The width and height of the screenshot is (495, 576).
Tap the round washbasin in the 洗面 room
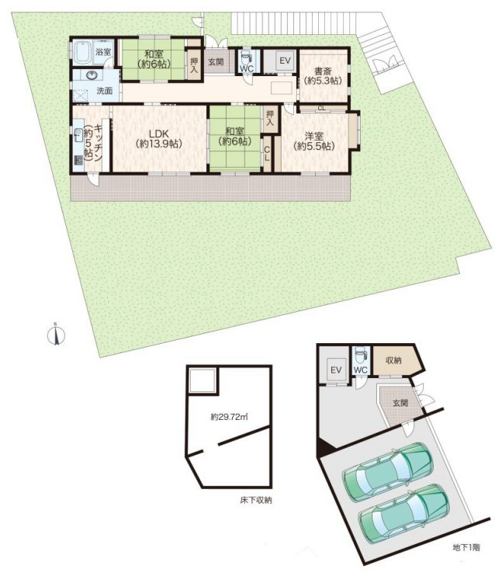point(92,75)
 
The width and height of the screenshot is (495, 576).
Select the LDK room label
point(158,138)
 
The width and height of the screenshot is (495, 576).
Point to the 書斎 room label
point(323,75)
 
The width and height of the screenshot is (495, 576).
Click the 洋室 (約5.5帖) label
point(314,141)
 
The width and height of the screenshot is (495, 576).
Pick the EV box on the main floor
point(285,61)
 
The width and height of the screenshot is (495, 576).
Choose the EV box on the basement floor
point(337,370)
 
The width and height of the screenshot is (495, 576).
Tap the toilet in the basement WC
point(362,356)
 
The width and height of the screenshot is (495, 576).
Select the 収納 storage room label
point(393,361)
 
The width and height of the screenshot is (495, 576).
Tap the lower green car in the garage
point(404,514)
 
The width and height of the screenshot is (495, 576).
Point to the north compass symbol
point(56,335)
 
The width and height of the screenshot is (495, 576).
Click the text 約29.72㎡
point(229,417)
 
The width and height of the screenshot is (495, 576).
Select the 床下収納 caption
point(256,500)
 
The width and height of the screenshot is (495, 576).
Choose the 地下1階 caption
point(466,548)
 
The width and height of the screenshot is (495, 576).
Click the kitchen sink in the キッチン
point(78,136)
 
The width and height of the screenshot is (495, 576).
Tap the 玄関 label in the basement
point(400,403)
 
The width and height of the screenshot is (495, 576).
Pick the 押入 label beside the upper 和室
point(193,64)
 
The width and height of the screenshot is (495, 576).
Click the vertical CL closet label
point(268,154)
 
